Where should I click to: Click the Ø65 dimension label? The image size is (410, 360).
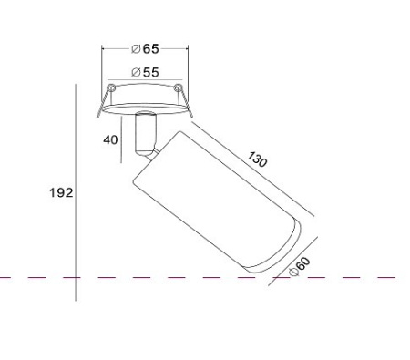point(145,48)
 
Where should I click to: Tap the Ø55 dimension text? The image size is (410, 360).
point(145,72)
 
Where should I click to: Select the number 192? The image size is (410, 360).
point(61,192)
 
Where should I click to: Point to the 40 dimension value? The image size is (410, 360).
point(110,140)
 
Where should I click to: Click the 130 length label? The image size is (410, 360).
point(258,159)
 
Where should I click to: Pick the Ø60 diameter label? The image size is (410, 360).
point(300,266)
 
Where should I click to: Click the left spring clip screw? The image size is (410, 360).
point(112,87)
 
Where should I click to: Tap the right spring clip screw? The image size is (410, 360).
point(178,87)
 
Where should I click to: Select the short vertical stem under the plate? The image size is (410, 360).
point(146,134)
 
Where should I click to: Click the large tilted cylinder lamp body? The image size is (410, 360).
point(217,203)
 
